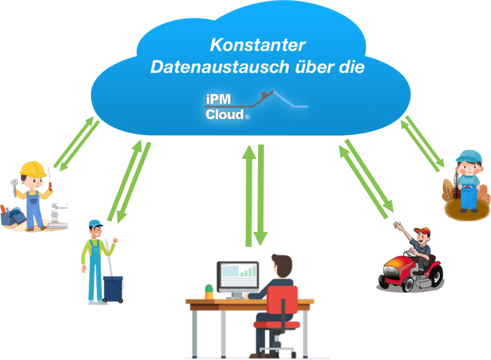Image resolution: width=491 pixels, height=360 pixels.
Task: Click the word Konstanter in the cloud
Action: coord(257,45)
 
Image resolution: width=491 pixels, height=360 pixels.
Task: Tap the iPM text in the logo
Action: coord(218,100)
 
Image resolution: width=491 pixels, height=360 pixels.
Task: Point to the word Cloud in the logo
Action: coord(224,114)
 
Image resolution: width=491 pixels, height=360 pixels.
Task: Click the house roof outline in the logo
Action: coord(274,99)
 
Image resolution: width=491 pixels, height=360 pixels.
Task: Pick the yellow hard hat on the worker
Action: coord(33,169)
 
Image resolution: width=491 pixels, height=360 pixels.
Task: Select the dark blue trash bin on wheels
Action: coord(112,288)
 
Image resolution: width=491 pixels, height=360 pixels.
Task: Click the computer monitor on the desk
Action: coord(238,276)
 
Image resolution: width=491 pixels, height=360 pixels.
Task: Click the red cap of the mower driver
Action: coord(423,231)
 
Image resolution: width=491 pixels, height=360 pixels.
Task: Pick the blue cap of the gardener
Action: coord(469,156)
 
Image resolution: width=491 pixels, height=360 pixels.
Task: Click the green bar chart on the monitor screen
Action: coord(249,272)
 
